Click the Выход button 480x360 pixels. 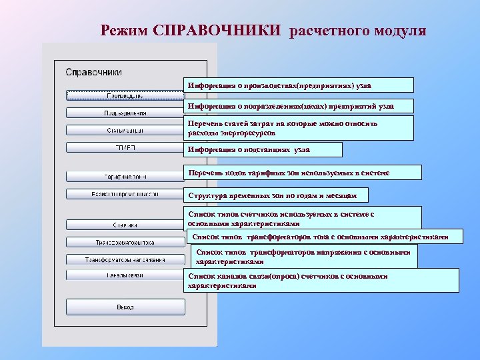125,307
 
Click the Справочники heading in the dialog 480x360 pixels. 93,71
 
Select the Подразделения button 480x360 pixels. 125,113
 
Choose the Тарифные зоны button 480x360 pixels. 125,177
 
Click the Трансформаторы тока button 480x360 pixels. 125,242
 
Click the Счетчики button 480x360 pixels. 125,225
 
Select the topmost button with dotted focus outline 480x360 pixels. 125,95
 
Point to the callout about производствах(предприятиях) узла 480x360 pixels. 298,85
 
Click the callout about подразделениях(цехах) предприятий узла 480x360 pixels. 298,106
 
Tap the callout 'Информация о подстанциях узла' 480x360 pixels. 263,149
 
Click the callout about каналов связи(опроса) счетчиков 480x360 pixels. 321,280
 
